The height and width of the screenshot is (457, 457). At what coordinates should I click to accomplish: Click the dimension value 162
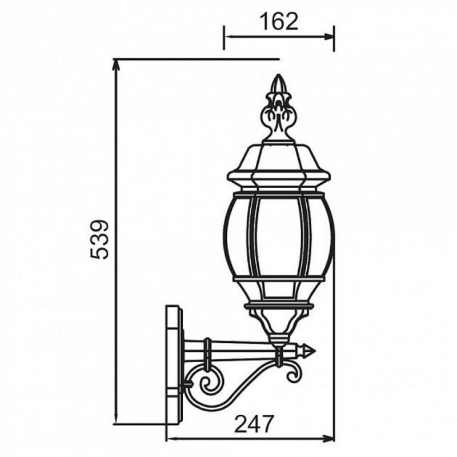(279, 21)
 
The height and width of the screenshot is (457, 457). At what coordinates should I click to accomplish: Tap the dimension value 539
(99, 239)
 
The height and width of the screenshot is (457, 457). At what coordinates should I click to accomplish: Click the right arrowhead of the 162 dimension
(330, 37)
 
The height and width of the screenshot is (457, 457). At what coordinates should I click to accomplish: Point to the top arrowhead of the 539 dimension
(117, 65)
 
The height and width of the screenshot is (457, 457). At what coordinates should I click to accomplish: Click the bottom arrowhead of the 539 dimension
(117, 419)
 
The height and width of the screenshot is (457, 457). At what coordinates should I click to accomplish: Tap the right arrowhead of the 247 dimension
(329, 438)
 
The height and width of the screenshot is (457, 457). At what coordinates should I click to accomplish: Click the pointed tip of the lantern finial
(278, 75)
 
